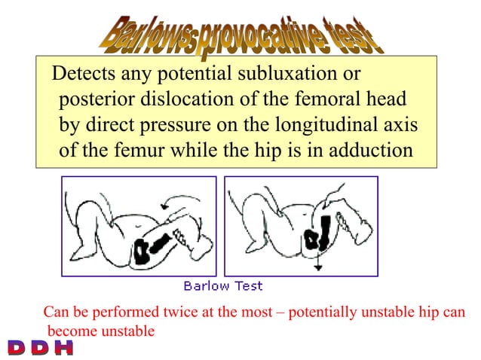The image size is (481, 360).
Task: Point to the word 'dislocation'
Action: click(x=185, y=100)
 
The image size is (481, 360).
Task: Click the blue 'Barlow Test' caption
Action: click(x=223, y=285)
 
